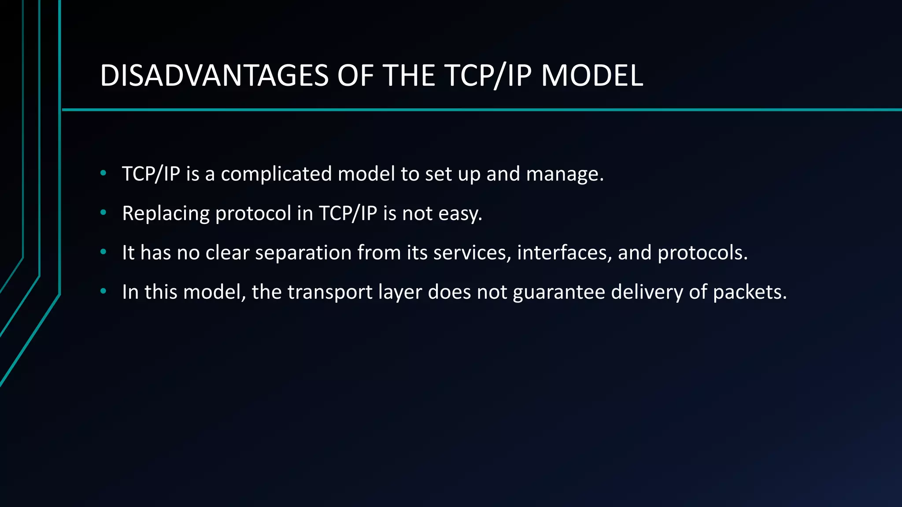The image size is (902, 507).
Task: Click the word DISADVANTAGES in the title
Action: coord(214,76)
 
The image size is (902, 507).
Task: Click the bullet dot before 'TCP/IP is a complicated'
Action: coord(103,173)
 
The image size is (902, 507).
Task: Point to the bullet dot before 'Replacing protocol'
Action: coord(103,213)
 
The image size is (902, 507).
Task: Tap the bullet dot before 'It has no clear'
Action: coord(103,252)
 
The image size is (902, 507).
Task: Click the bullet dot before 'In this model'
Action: coord(103,291)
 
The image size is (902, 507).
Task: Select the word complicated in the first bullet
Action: coord(276,174)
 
